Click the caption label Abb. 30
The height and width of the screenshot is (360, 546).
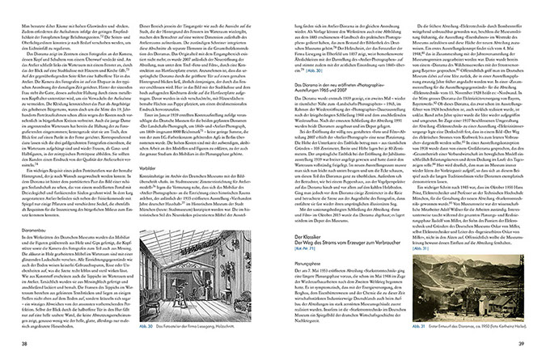click(x=155, y=324)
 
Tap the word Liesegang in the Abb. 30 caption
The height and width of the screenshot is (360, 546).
click(x=225, y=324)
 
